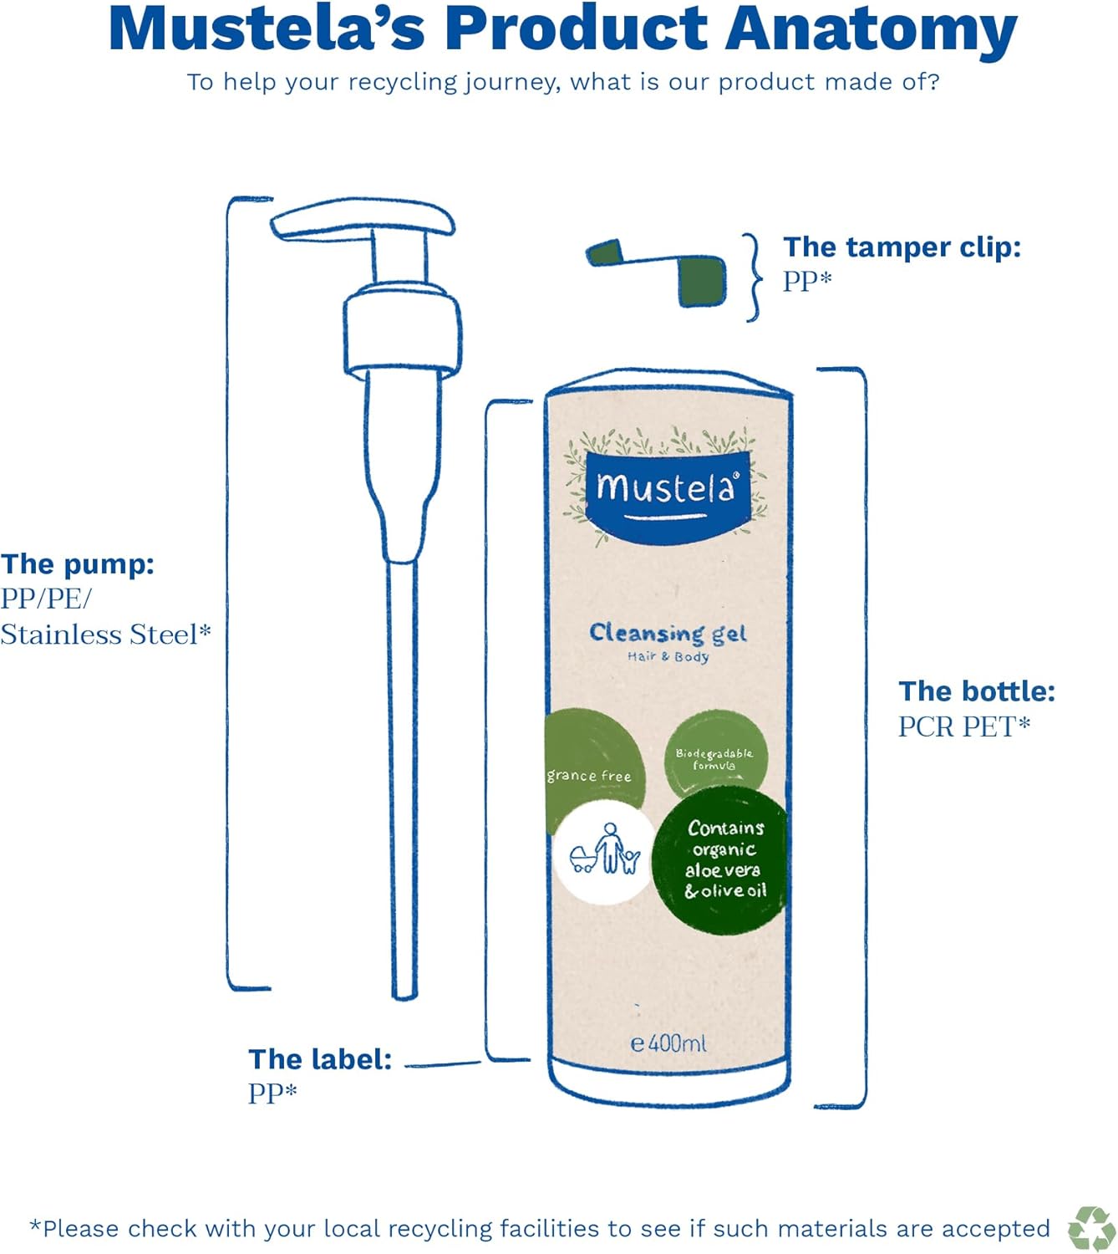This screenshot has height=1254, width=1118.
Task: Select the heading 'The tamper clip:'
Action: [x=902, y=247]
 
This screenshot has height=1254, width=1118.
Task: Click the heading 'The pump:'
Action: [x=78, y=564]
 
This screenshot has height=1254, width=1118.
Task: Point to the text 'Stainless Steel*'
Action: [x=105, y=635]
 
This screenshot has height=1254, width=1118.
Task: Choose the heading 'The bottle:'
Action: [x=977, y=691]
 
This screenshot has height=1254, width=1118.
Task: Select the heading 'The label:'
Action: [x=320, y=1059]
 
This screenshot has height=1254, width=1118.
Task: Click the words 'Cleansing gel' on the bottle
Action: [x=668, y=633]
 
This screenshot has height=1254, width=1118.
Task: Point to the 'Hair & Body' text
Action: [x=668, y=657]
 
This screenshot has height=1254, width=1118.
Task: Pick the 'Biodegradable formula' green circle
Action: [x=714, y=757]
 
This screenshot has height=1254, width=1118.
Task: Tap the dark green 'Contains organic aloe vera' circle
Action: [x=723, y=859]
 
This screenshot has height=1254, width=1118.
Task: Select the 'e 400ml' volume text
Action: [x=668, y=1043]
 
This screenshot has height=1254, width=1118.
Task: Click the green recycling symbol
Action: [x=1091, y=1228]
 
